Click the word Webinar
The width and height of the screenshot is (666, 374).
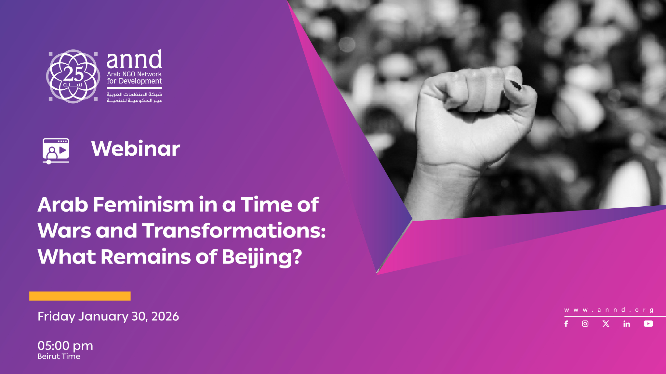click(x=135, y=149)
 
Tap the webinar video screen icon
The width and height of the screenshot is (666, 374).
click(x=56, y=150)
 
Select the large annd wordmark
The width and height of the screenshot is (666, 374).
click(x=134, y=60)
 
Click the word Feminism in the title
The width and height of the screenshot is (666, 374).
click(x=143, y=205)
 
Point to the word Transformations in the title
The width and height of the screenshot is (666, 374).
click(x=233, y=231)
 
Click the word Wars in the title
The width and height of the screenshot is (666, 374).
click(x=64, y=231)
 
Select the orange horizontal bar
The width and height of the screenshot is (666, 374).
click(x=80, y=296)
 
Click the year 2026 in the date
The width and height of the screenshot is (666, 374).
click(x=165, y=316)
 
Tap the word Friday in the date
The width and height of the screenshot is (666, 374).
click(x=56, y=316)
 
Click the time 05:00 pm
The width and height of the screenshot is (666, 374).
click(x=65, y=346)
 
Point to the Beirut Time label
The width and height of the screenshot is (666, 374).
click(x=59, y=356)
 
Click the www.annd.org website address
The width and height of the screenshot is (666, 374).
click(x=609, y=310)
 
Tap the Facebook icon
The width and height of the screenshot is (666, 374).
click(x=566, y=324)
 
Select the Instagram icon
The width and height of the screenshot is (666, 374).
click(x=585, y=324)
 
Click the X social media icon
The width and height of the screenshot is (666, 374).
click(x=606, y=324)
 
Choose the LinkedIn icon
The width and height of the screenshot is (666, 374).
click(x=627, y=324)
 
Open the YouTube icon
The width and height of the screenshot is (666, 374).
click(x=648, y=324)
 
